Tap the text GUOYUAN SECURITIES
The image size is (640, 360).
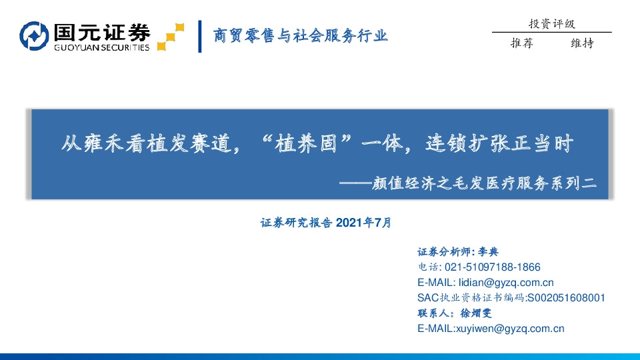[101, 47]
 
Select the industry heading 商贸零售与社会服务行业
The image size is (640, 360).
[300, 36]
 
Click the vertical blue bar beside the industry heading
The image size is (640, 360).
[200, 37]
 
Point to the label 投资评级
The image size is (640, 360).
[551, 24]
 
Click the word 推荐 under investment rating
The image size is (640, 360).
[522, 43]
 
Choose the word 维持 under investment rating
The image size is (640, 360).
[582, 43]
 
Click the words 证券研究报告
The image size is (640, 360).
[297, 223]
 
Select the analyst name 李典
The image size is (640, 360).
[489, 252]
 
